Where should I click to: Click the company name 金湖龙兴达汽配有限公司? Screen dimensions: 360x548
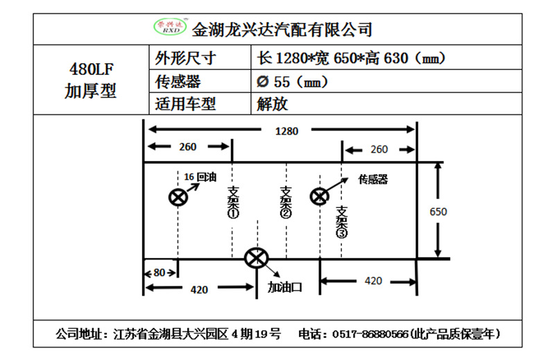point(282,30)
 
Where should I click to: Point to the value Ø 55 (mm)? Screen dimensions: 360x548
point(291,81)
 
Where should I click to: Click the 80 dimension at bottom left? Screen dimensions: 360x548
point(160,273)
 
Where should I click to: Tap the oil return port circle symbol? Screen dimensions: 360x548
point(178,197)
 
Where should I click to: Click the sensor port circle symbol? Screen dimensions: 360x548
point(319,197)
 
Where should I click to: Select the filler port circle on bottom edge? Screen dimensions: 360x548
point(256,259)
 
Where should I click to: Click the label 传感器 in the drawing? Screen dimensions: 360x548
point(373,179)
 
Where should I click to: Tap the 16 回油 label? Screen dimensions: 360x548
point(201,177)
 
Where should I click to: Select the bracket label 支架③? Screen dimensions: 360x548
point(341,222)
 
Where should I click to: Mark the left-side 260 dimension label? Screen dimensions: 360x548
point(187,147)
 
